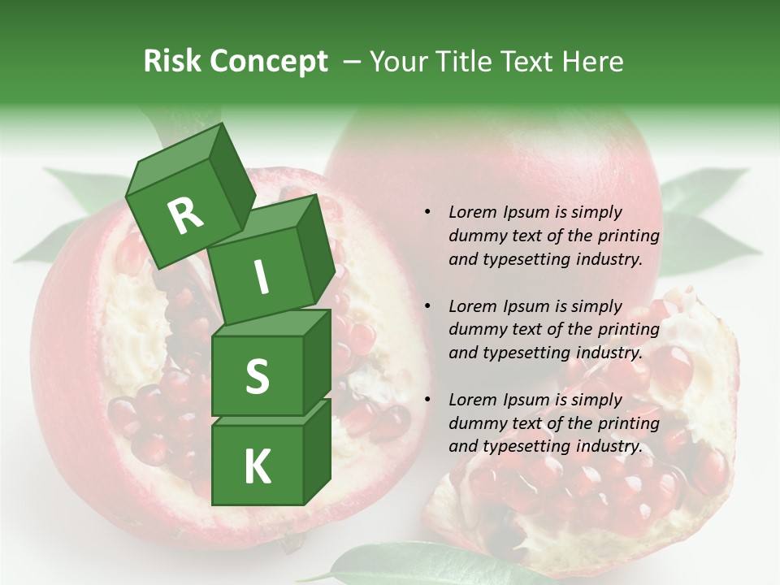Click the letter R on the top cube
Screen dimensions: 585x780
pos(186,214)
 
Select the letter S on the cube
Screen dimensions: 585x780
pos(257,376)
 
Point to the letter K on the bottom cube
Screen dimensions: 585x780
pos(257,466)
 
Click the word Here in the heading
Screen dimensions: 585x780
pos(594,62)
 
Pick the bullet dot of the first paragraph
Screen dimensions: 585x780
pos(427,212)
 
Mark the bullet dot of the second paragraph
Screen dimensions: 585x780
pos(427,306)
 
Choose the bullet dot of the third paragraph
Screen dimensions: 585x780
pos(427,400)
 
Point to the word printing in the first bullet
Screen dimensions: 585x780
pos(628,236)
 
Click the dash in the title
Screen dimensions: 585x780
pos(353,62)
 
